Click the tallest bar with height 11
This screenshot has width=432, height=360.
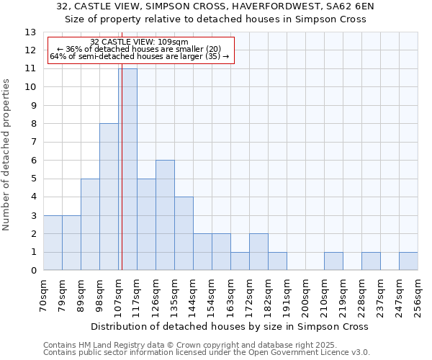click(127, 169)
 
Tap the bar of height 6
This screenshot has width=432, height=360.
click(165, 215)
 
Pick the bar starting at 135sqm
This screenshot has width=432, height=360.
click(184, 233)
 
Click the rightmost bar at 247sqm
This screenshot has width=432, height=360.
click(408, 261)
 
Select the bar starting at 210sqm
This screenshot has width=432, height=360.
click(333, 261)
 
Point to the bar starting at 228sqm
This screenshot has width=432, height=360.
click(371, 261)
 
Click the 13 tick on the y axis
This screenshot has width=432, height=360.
click(30, 32)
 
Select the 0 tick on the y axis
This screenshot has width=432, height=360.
click(33, 271)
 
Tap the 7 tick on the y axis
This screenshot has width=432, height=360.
click(33, 142)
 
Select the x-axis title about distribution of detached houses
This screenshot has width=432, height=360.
click(230, 326)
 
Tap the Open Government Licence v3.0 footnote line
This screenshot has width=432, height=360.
click(206, 353)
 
